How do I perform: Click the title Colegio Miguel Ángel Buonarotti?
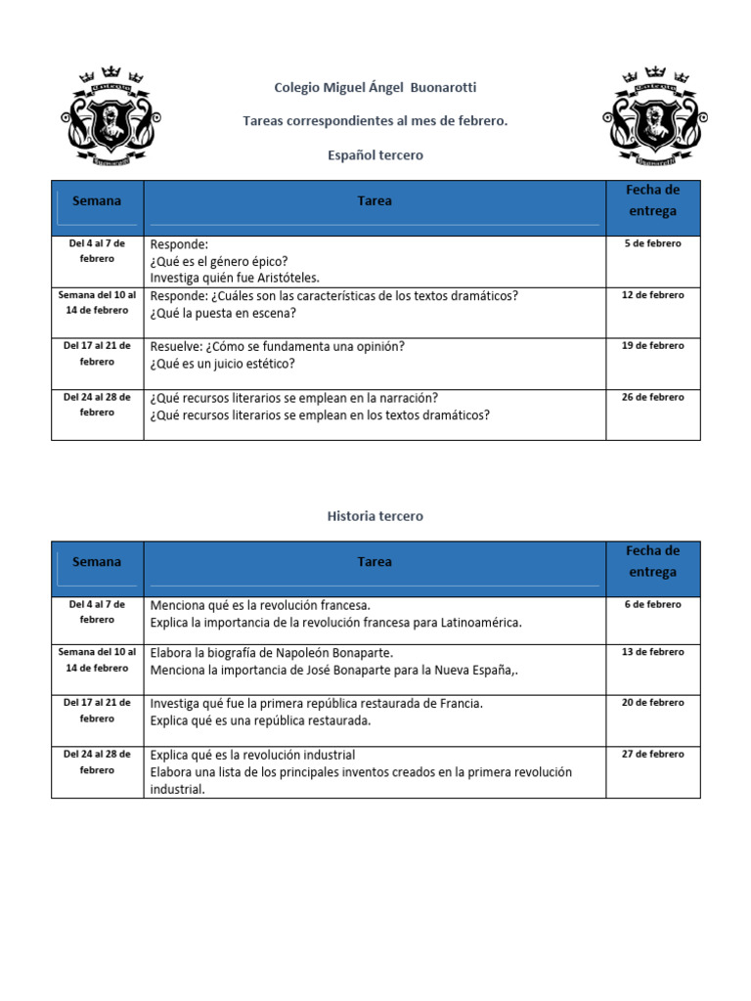[375, 87]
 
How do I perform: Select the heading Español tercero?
[375, 155]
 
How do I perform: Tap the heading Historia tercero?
[375, 516]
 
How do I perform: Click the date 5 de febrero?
[653, 243]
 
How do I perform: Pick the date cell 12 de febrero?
[653, 294]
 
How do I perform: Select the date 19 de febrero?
[653, 345]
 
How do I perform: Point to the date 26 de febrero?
[653, 397]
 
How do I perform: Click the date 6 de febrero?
[653, 604]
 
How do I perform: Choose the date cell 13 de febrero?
[653, 651]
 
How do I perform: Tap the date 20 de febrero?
[653, 702]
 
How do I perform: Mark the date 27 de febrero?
[653, 754]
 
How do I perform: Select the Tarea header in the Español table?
[375, 200]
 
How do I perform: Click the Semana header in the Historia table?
[97, 562]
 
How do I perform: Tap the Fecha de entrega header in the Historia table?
[653, 561]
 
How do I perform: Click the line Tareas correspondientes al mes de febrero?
[375, 120]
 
